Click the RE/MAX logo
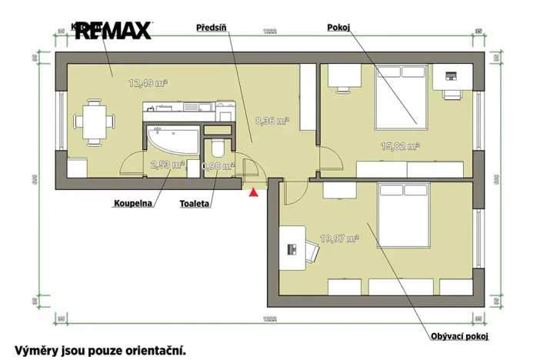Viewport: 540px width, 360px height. [x=113, y=30]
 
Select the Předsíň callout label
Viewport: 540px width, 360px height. [x=212, y=27]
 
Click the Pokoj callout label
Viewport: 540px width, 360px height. [x=338, y=27]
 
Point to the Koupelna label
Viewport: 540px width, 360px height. [x=132, y=204]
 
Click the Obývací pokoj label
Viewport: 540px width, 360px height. [x=460, y=336]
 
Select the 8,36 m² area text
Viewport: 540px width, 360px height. [x=271, y=121]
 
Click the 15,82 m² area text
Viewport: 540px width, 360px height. [x=401, y=145]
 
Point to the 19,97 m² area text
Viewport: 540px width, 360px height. [x=339, y=238]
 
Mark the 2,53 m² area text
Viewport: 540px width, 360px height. [x=167, y=164]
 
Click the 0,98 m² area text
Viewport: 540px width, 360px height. [x=216, y=165]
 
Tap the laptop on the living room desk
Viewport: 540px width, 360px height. [x=292, y=249]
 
